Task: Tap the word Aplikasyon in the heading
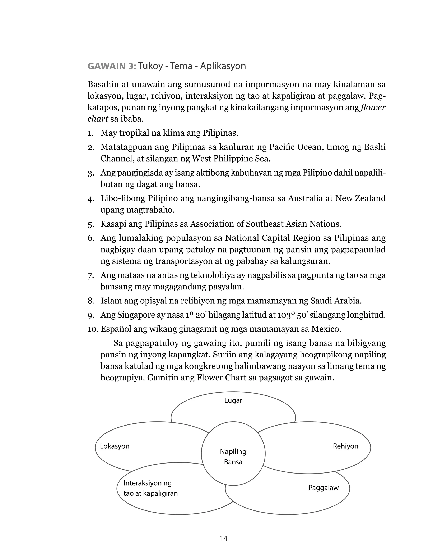pyautogui.click(x=223, y=66)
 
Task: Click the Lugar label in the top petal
pyautogui.click(x=233, y=400)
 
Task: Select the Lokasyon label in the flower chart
pyautogui.click(x=115, y=446)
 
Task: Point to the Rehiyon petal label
pyautogui.click(x=345, y=446)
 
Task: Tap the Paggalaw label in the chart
pyautogui.click(x=324, y=488)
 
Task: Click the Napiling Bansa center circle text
pyautogui.click(x=233, y=457)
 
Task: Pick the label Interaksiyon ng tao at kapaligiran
pyautogui.click(x=150, y=488)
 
